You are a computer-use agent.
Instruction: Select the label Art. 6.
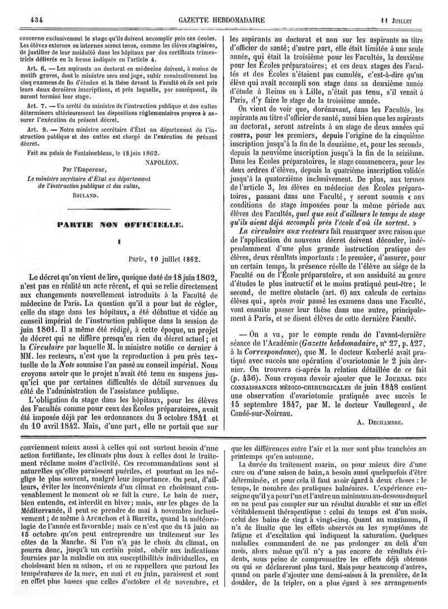point(27,67)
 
